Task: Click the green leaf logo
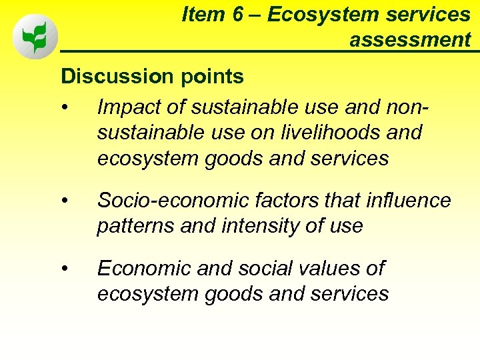coord(35,37)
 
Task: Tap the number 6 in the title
coord(239,15)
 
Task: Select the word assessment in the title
coord(410,40)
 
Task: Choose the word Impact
coord(130,106)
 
